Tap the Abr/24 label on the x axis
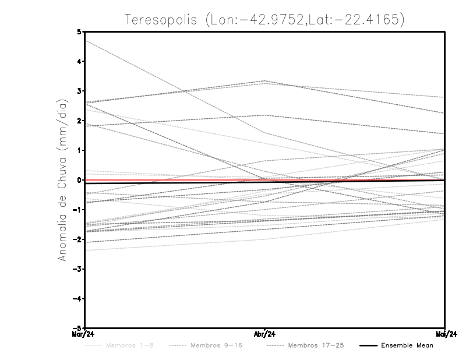pos(265,334)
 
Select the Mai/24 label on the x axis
pos(446,334)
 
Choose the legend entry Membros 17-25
pos(316,345)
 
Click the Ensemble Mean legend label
pos(407,345)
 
